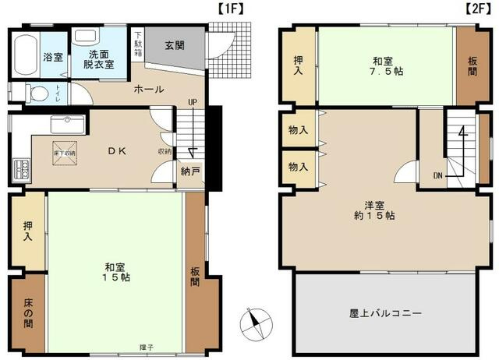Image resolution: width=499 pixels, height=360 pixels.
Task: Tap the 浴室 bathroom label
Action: click(x=53, y=58)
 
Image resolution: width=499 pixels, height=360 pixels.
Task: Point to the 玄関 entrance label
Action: click(x=175, y=45)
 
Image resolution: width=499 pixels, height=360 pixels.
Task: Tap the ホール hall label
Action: click(x=148, y=90)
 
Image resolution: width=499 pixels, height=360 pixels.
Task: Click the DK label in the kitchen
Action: click(x=117, y=150)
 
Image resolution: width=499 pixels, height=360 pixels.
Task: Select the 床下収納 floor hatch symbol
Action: click(x=65, y=153)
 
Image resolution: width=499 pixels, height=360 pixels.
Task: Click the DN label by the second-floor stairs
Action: click(x=439, y=175)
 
